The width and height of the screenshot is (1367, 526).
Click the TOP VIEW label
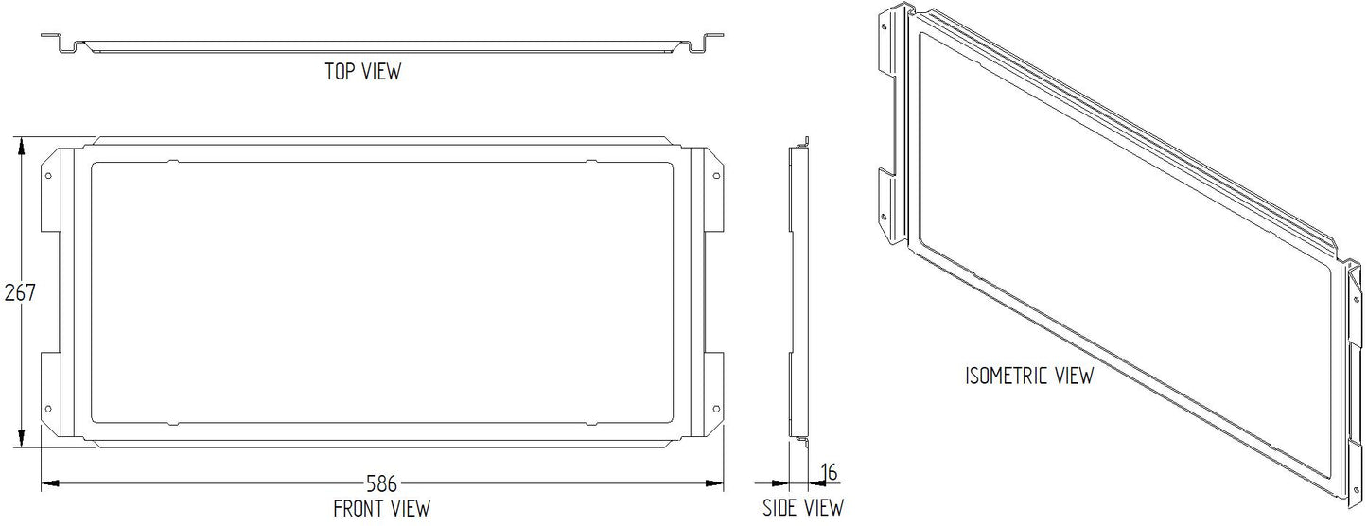click(x=363, y=71)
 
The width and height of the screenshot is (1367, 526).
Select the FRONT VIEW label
click(x=381, y=508)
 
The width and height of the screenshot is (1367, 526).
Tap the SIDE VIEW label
click(x=803, y=507)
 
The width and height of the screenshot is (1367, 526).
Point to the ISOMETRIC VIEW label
click(x=1029, y=376)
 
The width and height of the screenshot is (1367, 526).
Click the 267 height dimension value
click(x=20, y=293)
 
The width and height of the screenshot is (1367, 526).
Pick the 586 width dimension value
click(x=381, y=483)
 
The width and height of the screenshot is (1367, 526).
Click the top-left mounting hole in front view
click(x=49, y=176)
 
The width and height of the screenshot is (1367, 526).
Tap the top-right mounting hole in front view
click(x=716, y=176)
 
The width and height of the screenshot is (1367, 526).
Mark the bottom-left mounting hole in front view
click(x=49, y=409)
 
